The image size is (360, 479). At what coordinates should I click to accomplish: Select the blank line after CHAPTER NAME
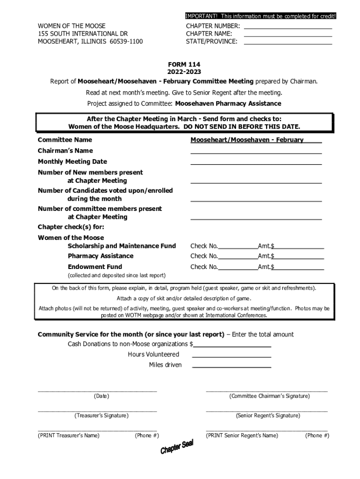tap(288, 36)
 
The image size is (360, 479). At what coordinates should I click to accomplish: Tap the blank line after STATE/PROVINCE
tap(288, 43)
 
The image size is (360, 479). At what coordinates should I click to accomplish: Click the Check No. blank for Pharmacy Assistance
tap(238, 258)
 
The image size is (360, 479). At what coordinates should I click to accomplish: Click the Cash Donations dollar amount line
tap(232, 346)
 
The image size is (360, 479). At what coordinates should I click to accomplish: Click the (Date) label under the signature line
tap(101, 396)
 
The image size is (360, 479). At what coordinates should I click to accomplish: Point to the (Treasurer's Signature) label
tap(101, 415)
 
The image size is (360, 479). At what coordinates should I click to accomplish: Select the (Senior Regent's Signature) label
tap(268, 415)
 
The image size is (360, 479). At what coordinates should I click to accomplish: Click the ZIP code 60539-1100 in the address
tap(126, 42)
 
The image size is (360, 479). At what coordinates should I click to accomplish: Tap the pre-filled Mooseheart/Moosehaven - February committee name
tap(247, 140)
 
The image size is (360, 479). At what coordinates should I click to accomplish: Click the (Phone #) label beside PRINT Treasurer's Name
tap(147, 435)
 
